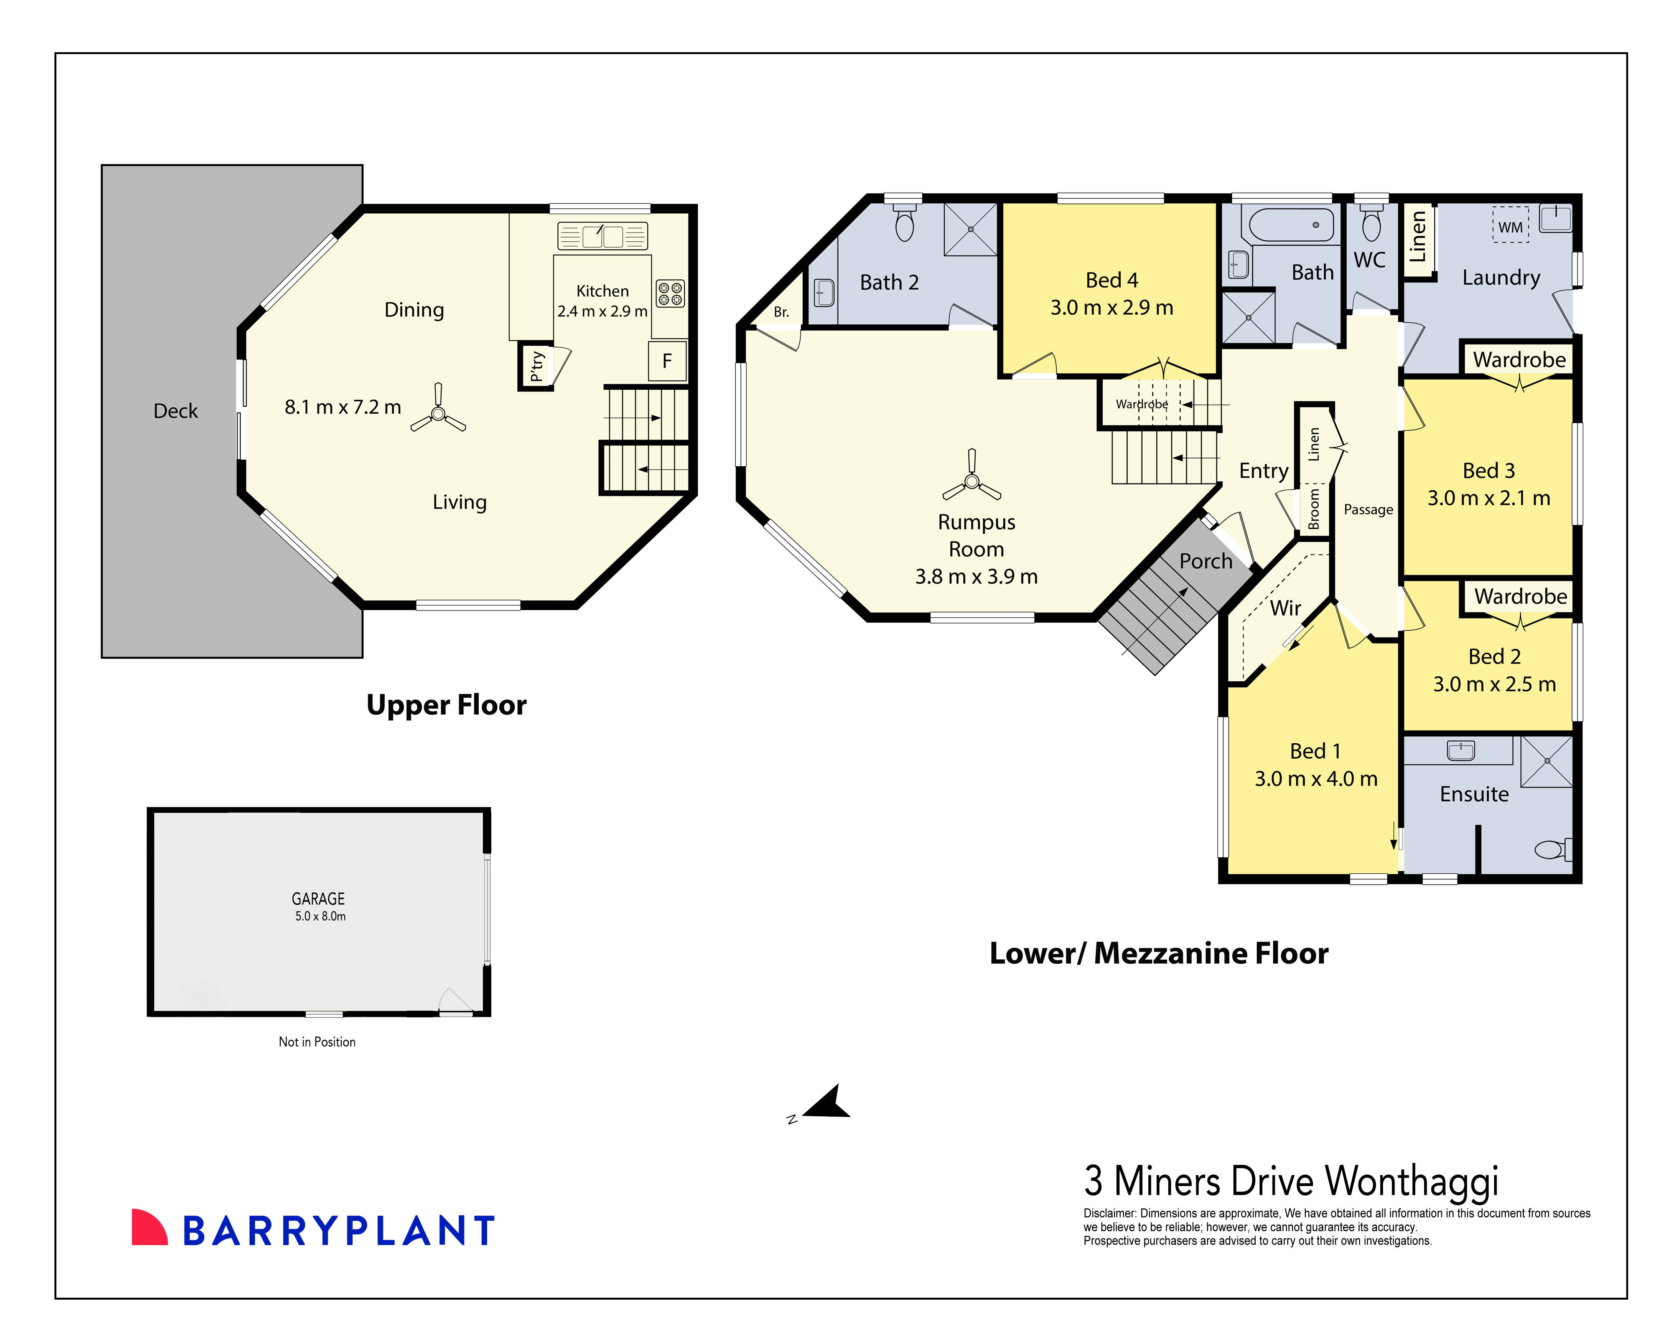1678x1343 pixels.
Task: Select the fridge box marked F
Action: pyautogui.click(x=667, y=360)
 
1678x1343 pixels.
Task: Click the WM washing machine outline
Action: pyautogui.click(x=1510, y=226)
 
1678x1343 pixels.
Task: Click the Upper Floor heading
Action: pyautogui.click(x=446, y=704)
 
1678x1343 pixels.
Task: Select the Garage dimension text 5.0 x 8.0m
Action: pyautogui.click(x=320, y=916)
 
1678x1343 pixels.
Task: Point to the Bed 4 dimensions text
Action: pyautogui.click(x=1112, y=307)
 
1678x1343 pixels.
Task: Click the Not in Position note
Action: pyautogui.click(x=317, y=1042)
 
